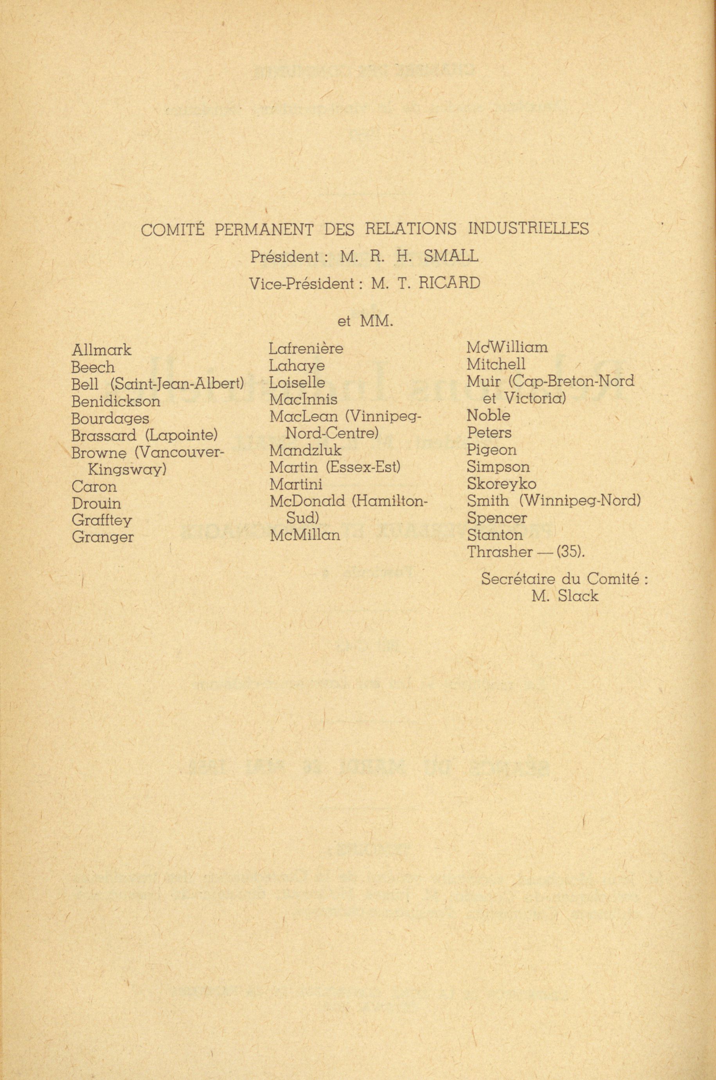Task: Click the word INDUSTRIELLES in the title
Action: [529, 229]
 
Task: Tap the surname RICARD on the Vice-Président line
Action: [449, 284]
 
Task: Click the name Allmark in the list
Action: [101, 350]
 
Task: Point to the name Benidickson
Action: [116, 401]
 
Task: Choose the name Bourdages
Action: [110, 419]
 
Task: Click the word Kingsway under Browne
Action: [126, 470]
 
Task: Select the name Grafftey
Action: [102, 520]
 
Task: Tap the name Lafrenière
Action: [306, 349]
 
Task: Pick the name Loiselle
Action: [297, 382]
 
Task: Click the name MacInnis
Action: [303, 400]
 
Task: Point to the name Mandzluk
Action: [305, 451]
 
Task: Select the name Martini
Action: [296, 484]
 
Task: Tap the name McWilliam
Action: [507, 347]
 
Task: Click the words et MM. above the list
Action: [365, 322]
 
